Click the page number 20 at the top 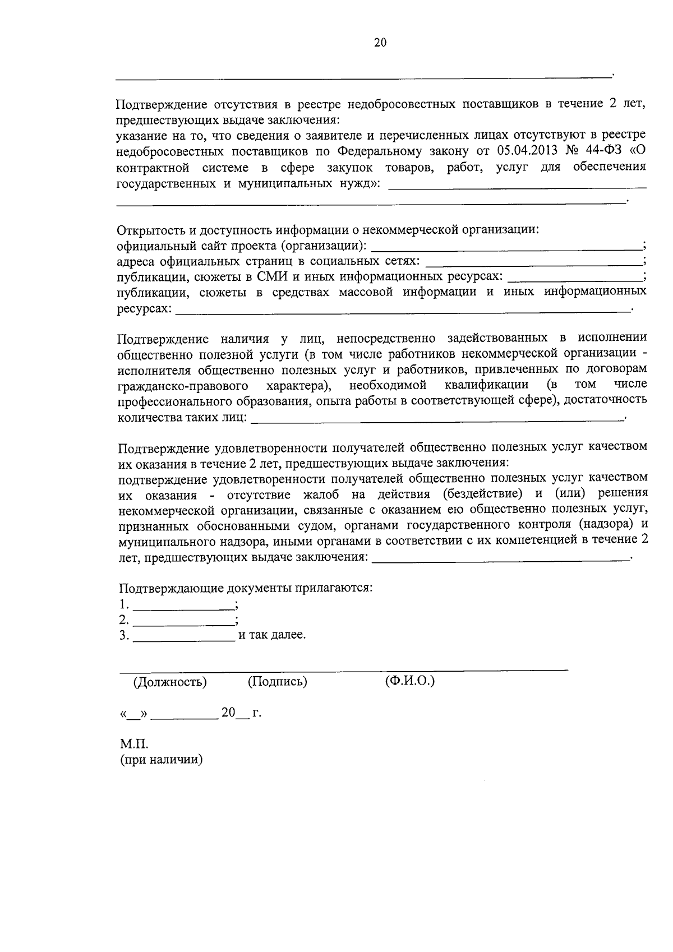click(x=380, y=43)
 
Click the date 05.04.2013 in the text click(x=523, y=151)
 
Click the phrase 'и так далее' click(x=272, y=636)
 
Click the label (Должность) click(x=169, y=682)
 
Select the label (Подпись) click(x=277, y=682)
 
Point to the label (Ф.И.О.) click(x=410, y=682)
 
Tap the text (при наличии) click(x=161, y=760)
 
